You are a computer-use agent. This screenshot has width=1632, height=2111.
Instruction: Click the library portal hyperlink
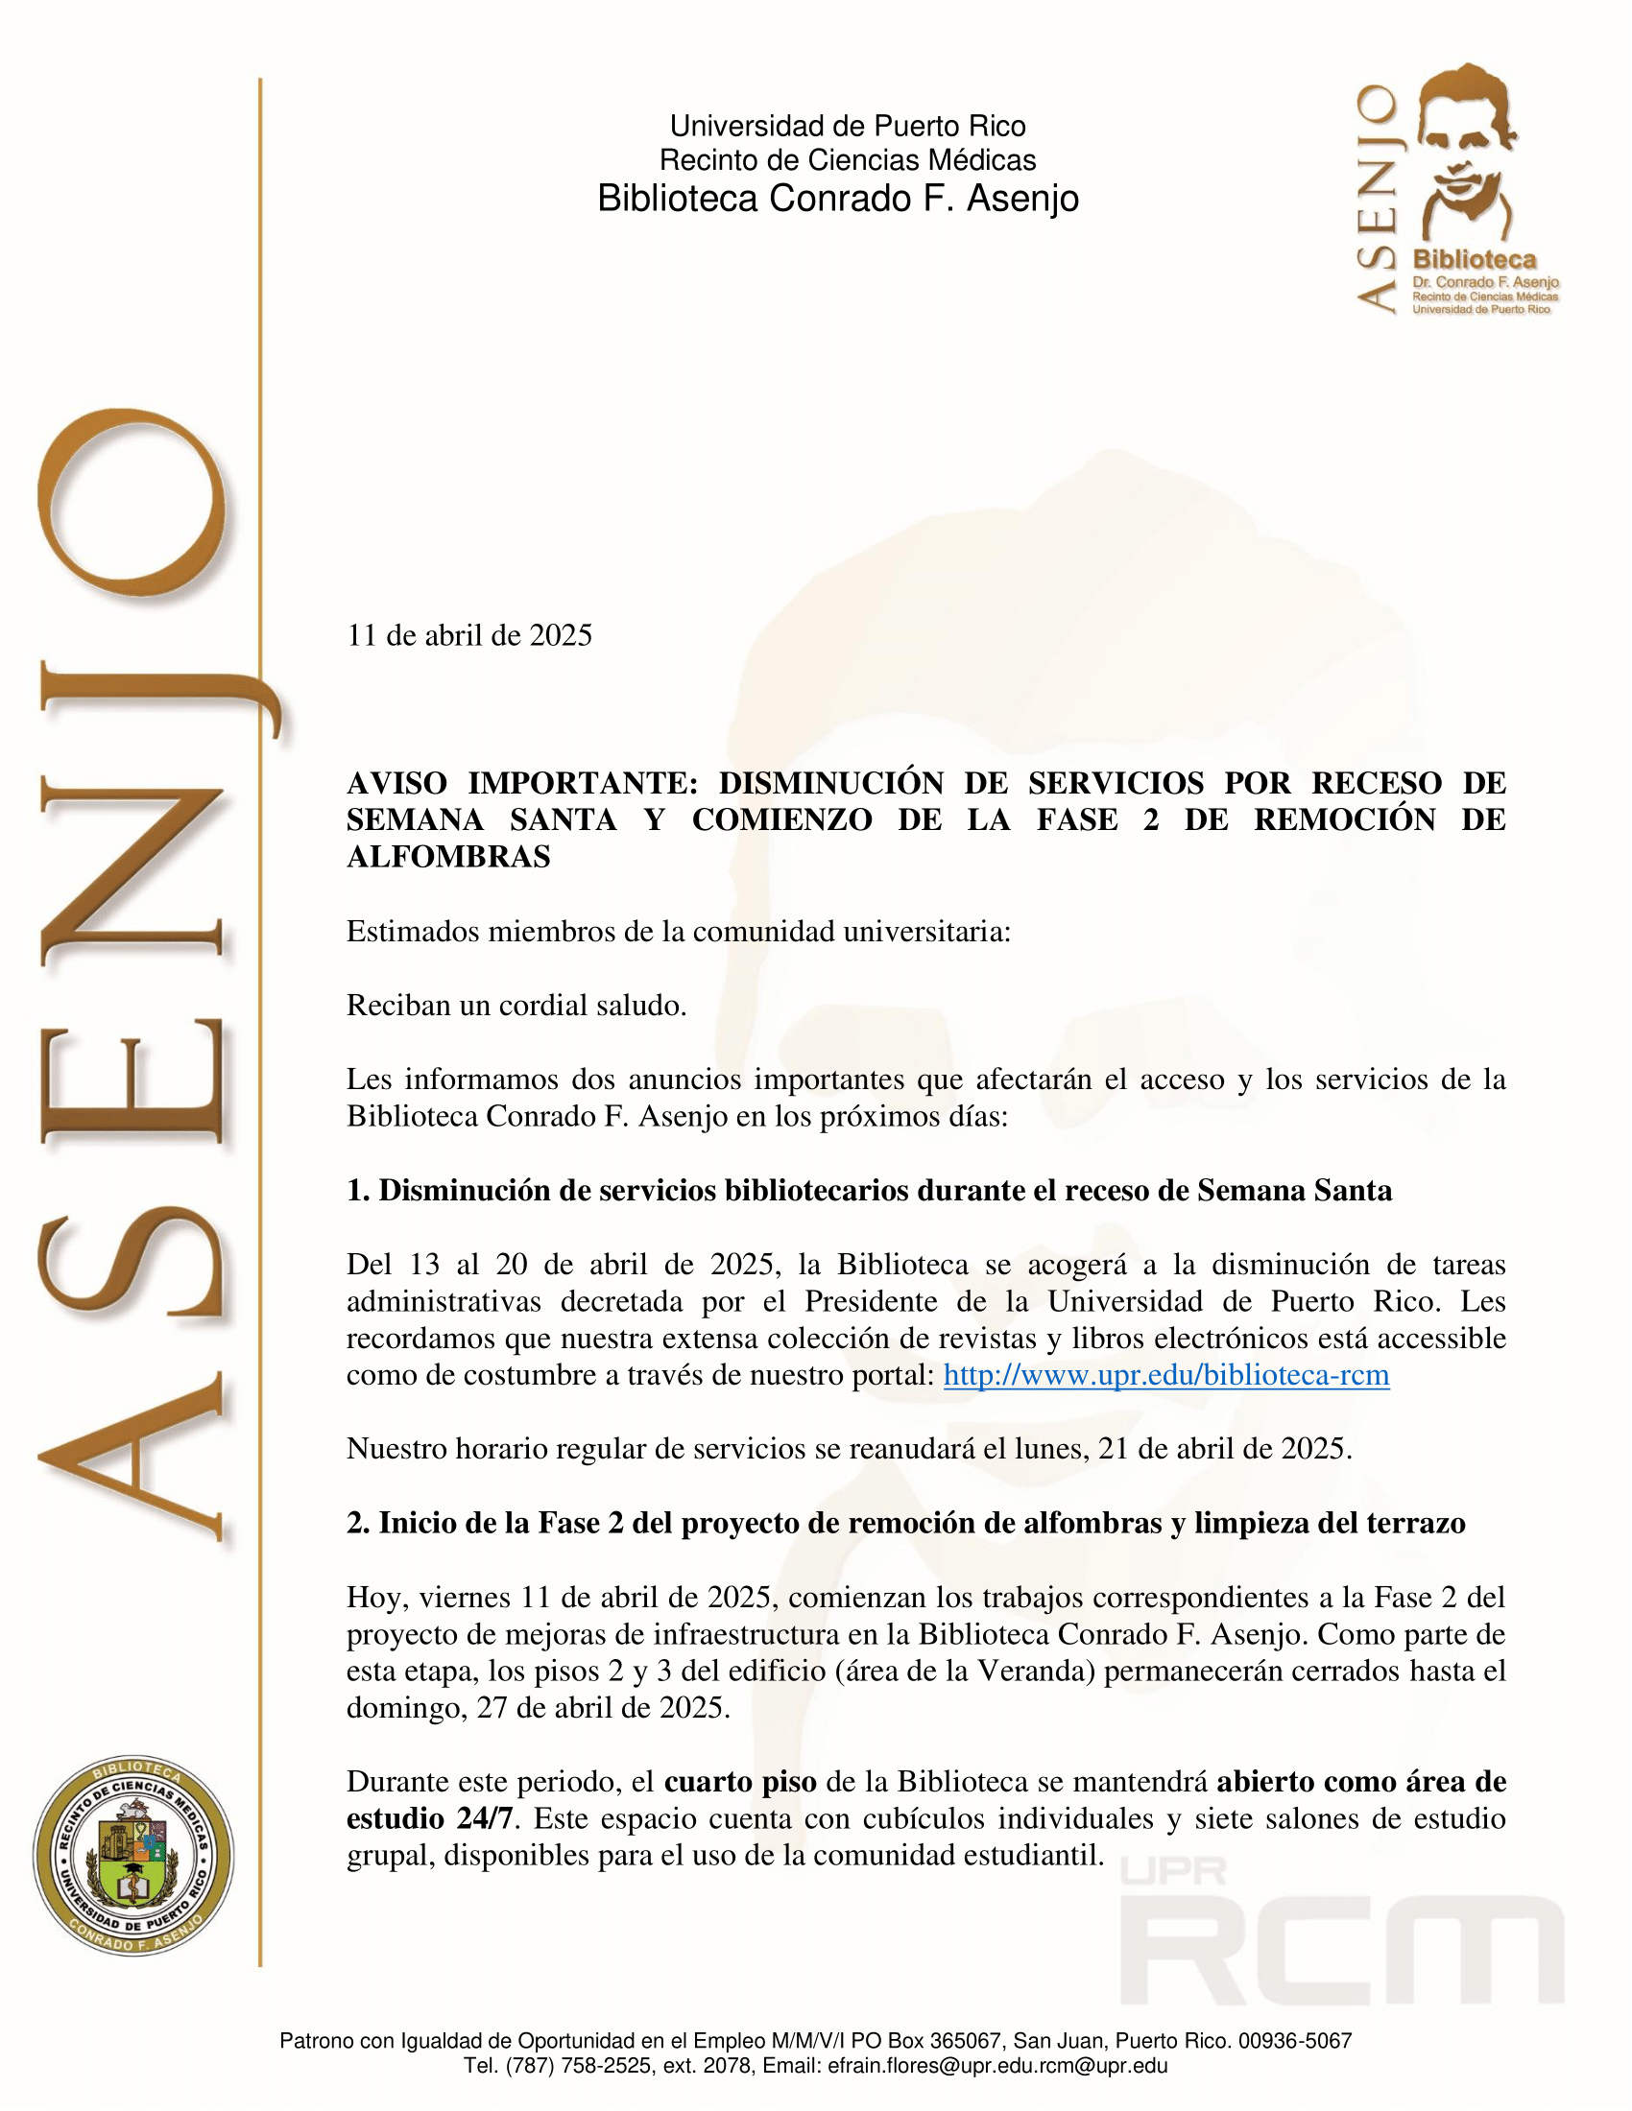click(x=1166, y=1375)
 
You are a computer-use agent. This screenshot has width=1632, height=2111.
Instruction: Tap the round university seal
click(x=133, y=1856)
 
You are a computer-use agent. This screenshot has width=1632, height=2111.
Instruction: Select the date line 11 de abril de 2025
click(x=468, y=635)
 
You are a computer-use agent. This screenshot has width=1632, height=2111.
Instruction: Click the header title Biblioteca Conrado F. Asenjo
click(x=837, y=199)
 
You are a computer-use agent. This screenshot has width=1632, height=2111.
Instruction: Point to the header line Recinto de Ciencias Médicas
click(x=847, y=159)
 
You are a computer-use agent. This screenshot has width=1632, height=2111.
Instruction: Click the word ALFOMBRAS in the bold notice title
click(x=447, y=856)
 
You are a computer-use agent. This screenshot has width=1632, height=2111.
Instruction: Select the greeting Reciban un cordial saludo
click(x=516, y=1006)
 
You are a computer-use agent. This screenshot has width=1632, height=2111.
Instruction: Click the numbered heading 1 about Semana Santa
click(x=868, y=1190)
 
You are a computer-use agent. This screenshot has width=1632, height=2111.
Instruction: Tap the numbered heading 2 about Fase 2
click(x=905, y=1523)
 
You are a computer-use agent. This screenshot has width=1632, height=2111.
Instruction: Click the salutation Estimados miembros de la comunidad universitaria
click(x=678, y=931)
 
